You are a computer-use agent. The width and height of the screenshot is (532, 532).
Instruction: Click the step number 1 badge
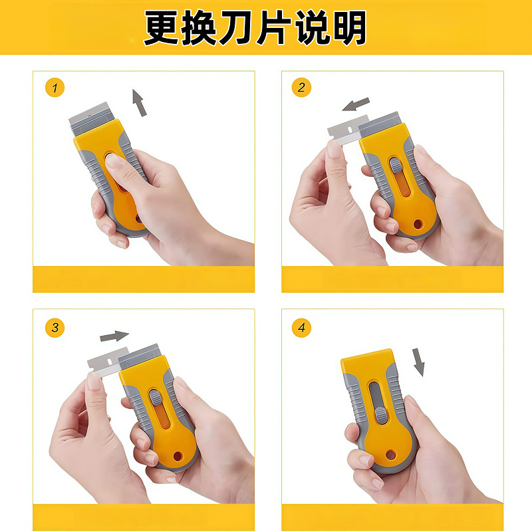(x=55, y=88)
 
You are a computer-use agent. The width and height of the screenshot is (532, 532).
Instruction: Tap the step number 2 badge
(x=301, y=87)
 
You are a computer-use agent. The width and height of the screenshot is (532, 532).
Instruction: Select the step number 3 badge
(x=55, y=327)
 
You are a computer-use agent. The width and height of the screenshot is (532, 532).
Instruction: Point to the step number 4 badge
(x=301, y=327)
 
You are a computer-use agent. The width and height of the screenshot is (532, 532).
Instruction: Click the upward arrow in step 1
(x=139, y=103)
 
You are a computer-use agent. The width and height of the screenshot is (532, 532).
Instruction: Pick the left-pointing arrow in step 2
(x=356, y=104)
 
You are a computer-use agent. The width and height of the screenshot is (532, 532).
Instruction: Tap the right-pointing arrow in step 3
(x=114, y=336)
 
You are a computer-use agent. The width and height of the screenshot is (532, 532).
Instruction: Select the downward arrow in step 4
(x=419, y=362)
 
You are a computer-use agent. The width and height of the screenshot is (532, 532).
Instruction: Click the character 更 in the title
(x=162, y=28)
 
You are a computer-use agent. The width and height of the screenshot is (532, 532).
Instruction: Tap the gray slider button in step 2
(x=394, y=165)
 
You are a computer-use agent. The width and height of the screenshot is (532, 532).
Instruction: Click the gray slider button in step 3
(x=156, y=397)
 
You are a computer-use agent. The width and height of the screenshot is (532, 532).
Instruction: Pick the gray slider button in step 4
(x=381, y=415)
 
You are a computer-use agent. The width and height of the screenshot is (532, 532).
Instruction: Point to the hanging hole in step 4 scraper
(x=390, y=455)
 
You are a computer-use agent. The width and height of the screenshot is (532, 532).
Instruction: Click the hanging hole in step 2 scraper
(x=418, y=224)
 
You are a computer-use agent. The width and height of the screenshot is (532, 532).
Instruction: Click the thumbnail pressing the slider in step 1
(x=112, y=160)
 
